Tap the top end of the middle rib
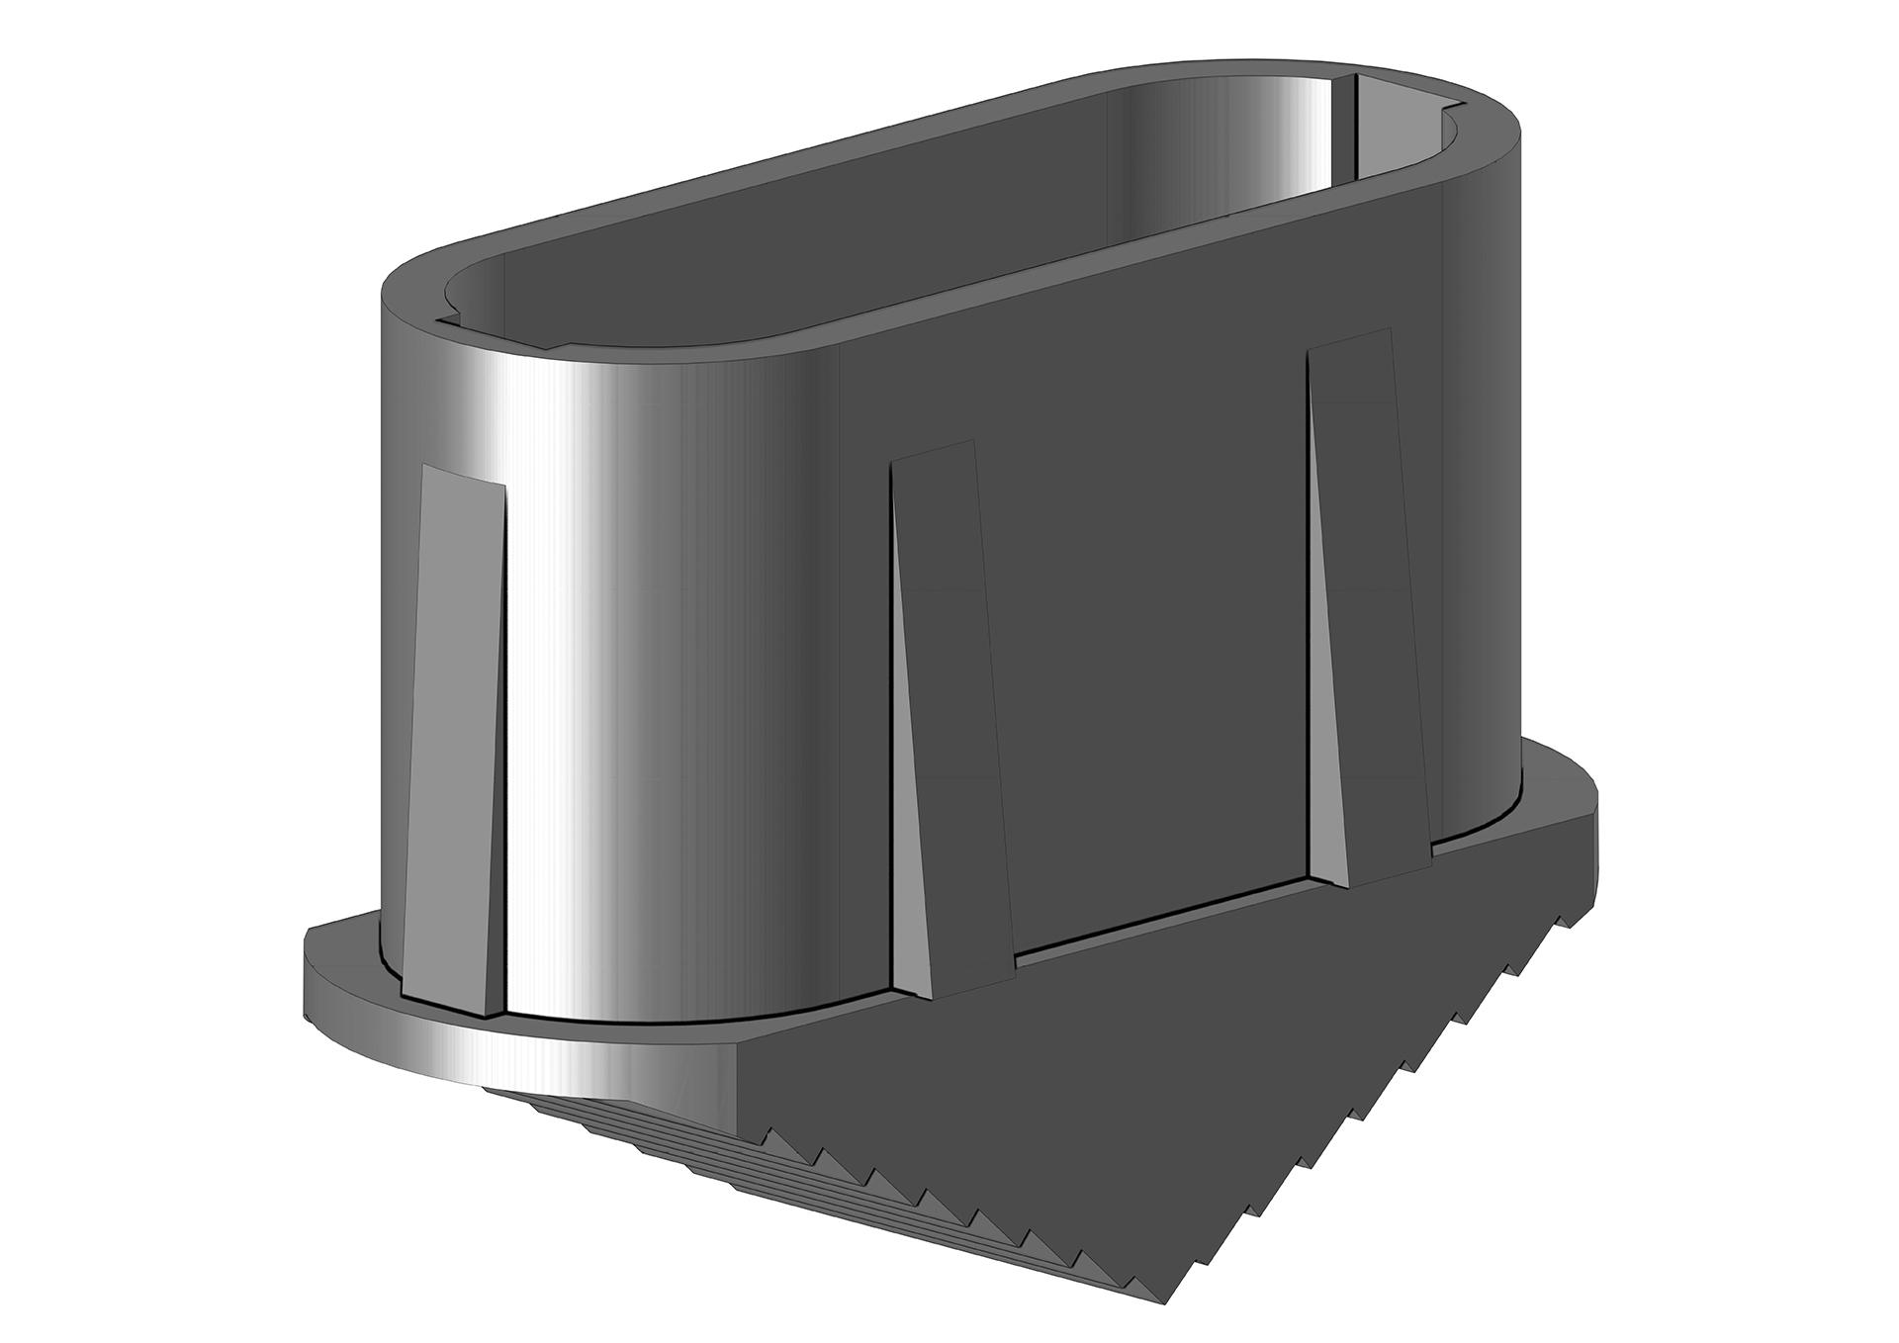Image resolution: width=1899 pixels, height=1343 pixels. click(935, 455)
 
